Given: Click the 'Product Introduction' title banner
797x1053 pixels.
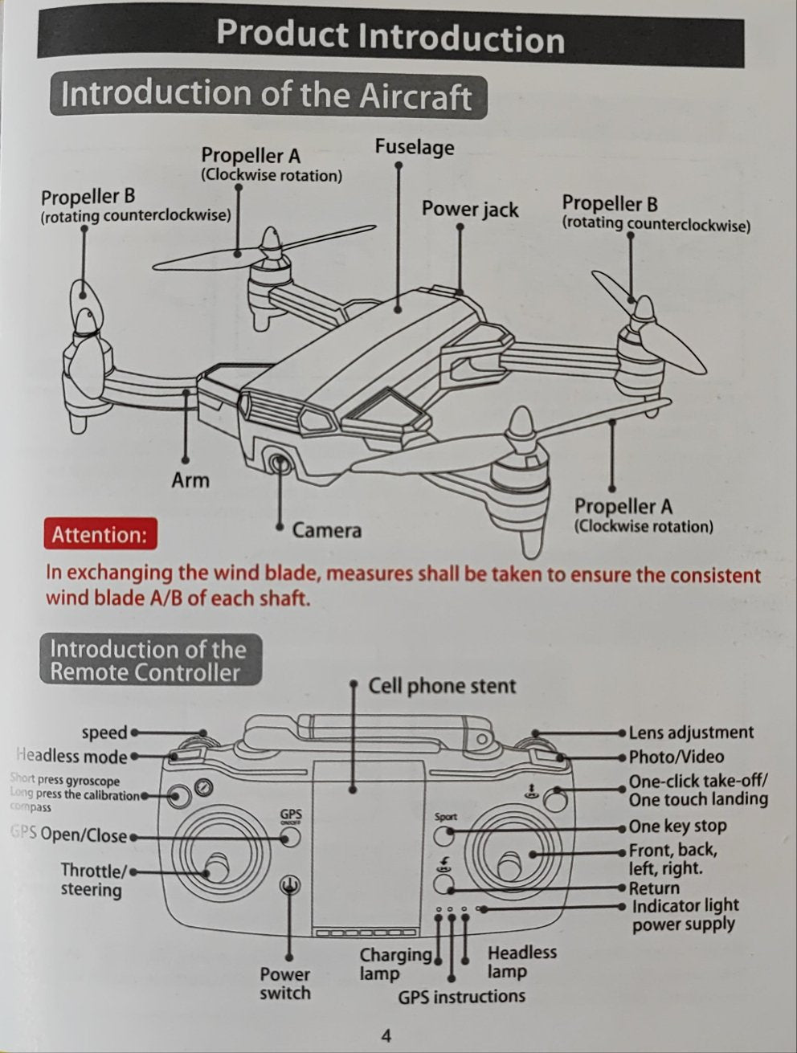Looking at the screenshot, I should point(390,38).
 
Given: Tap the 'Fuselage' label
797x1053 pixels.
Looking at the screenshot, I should point(414,147).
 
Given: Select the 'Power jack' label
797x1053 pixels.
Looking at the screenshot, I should point(470,210).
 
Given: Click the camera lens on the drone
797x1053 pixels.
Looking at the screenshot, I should point(280,464).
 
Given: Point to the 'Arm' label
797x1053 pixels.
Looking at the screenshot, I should point(190,480).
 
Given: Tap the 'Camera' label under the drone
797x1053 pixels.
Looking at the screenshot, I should point(327,530).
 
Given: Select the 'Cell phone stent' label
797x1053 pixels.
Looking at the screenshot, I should point(442,687).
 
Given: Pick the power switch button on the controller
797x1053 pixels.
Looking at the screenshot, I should point(290,886).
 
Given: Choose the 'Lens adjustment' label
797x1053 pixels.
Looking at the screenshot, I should point(691,733).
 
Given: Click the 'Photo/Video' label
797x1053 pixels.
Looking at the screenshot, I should point(676,757).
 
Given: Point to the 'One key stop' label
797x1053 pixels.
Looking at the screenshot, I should point(677,826).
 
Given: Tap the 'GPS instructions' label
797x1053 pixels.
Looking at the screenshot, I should point(461,997).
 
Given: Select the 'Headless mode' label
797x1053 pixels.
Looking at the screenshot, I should point(72,757).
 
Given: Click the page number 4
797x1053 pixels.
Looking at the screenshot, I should point(387,1035).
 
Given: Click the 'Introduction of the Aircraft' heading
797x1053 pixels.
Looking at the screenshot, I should point(266,96).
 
